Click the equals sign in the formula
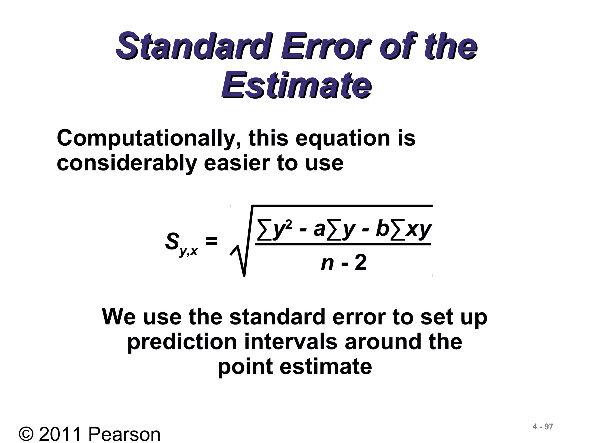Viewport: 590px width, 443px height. point(211,241)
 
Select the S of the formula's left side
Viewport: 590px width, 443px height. point(172,241)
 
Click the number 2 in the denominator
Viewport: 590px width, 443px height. point(360,263)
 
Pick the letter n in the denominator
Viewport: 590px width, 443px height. point(327,264)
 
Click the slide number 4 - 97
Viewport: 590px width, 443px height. point(543,427)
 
